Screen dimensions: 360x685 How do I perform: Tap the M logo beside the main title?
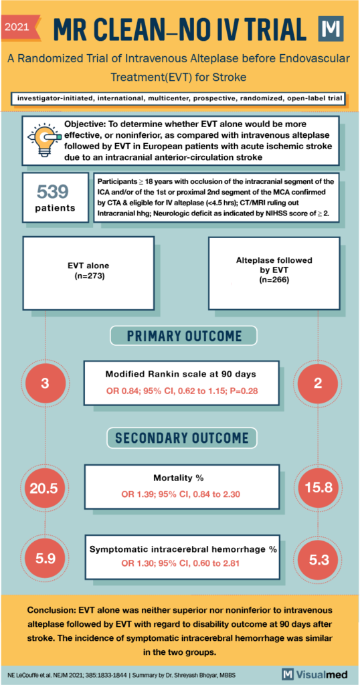(332, 29)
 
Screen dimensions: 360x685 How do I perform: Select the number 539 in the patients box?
(52, 192)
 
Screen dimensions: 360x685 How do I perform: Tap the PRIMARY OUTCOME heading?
(182, 335)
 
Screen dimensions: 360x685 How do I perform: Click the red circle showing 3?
(46, 383)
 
